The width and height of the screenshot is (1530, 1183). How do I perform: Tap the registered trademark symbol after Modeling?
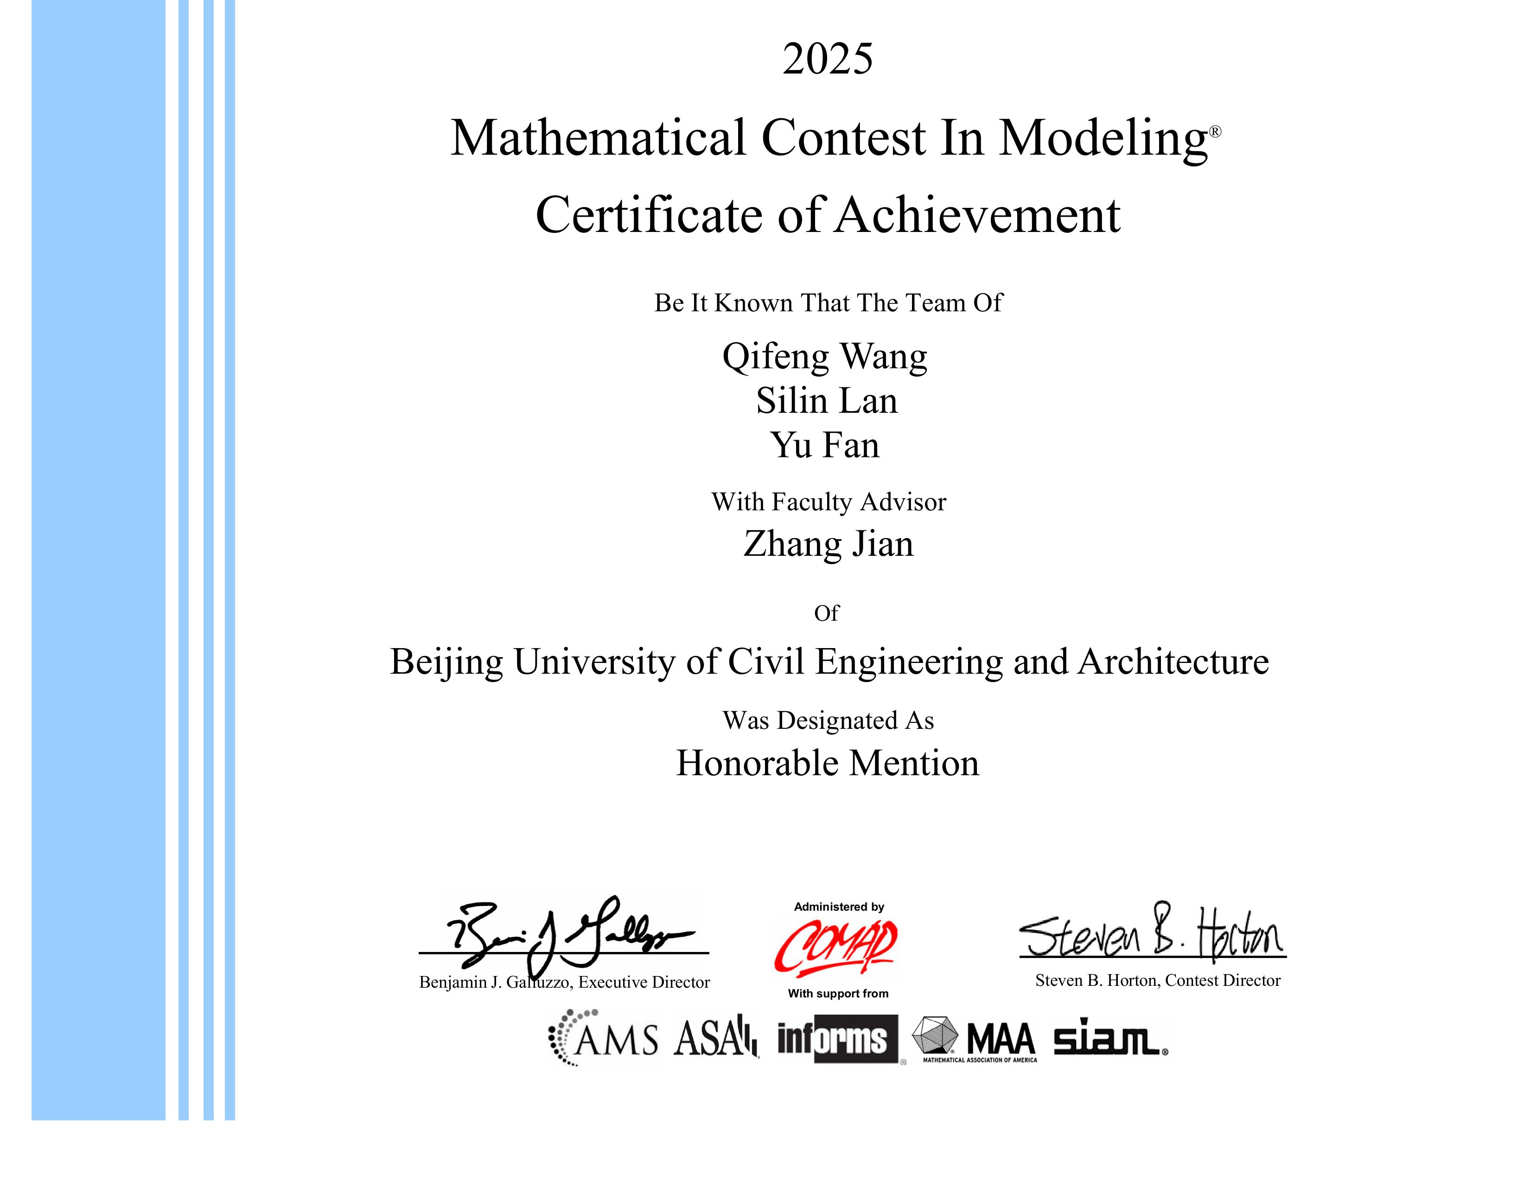coord(1216,132)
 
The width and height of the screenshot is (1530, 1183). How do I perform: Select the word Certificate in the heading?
coord(649,215)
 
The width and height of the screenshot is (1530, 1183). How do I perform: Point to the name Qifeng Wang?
coord(824,357)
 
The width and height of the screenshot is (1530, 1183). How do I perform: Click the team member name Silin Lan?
coord(827,401)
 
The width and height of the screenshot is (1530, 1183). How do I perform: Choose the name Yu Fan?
coord(824,445)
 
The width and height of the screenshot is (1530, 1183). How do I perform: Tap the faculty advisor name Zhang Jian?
coord(828,544)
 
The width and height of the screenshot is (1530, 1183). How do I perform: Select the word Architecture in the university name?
coord(1173,662)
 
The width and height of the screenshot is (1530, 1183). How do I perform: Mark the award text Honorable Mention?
coord(827,763)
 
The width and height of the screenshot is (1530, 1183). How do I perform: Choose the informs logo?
coord(837,1039)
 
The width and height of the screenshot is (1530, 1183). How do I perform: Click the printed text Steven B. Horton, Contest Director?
coord(1157,980)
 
